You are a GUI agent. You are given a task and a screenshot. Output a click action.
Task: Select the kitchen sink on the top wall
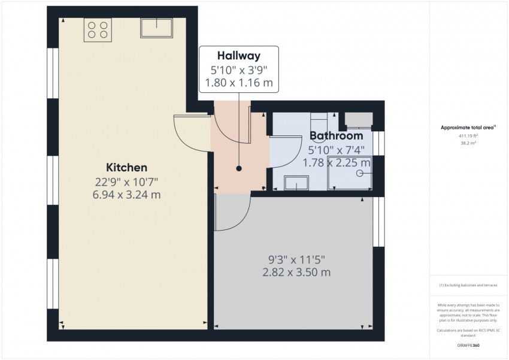156,27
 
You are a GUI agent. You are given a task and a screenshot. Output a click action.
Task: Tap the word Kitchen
126,167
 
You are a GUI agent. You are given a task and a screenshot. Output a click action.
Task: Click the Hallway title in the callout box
239,56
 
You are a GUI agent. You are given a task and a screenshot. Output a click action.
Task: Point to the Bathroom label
336,136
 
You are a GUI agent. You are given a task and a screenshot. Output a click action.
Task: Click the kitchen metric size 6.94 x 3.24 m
126,195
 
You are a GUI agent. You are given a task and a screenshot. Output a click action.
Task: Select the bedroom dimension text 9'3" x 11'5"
296,259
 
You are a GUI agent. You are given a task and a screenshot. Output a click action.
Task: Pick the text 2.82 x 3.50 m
296,273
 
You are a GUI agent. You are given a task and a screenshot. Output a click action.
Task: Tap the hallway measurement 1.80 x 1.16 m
239,83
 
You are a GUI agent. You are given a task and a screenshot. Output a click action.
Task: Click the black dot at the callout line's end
239,169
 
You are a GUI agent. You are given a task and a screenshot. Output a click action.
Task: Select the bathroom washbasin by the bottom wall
296,183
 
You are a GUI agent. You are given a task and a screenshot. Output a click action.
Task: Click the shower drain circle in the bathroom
360,173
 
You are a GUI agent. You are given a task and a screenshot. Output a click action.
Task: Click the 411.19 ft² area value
468,136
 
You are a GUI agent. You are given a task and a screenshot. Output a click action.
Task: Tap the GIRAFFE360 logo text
468,346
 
